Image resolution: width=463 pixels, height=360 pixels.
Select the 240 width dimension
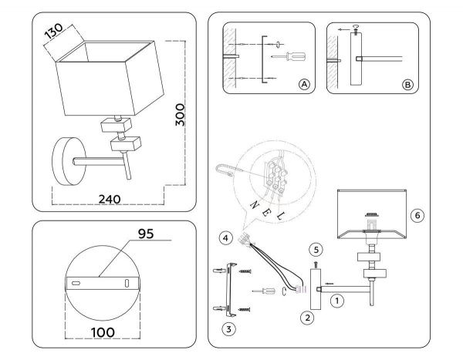tap(110, 198)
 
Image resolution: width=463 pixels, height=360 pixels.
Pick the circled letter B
tap(407, 84)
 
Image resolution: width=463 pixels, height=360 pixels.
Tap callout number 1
tap(336, 302)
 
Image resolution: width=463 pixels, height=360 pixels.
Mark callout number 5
tap(315, 249)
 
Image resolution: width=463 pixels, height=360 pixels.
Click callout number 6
tap(417, 216)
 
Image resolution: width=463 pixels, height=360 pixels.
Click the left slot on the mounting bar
tap(76, 284)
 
